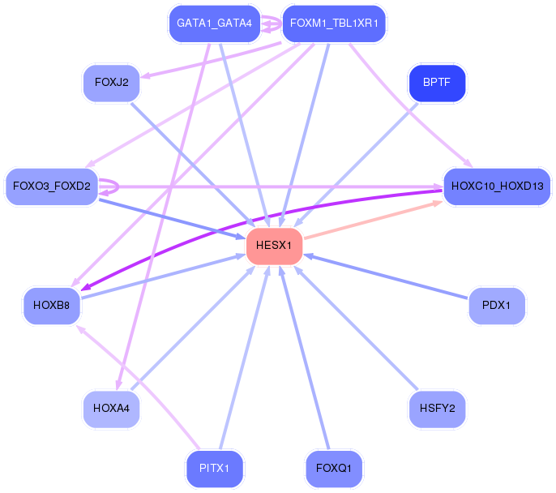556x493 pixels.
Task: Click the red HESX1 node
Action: click(x=274, y=246)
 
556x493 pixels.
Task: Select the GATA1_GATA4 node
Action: click(x=215, y=24)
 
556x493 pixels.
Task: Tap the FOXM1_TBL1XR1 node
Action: click(x=334, y=24)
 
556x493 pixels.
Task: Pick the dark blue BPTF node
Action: click(x=437, y=83)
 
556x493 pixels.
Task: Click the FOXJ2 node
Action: click(x=111, y=83)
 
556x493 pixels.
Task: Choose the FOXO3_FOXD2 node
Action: click(x=52, y=186)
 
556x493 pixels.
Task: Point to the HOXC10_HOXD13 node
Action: click(x=497, y=186)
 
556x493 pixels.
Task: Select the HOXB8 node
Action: click(x=52, y=306)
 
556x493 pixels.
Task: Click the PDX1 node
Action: click(x=496, y=306)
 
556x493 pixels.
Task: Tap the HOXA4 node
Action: click(x=111, y=409)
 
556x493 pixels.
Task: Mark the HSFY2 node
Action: click(x=437, y=409)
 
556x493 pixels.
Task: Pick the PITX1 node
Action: click(x=215, y=469)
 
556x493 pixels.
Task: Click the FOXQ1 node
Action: click(x=334, y=469)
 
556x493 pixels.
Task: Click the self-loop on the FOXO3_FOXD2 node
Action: click(x=118, y=186)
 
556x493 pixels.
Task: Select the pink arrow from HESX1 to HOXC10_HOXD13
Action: click(x=374, y=220)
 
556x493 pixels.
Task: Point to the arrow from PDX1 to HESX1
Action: click(x=386, y=277)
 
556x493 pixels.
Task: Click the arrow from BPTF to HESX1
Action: click(x=356, y=165)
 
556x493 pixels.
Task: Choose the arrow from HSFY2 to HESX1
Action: click(x=356, y=328)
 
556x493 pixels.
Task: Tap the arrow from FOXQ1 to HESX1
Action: click(x=304, y=358)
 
